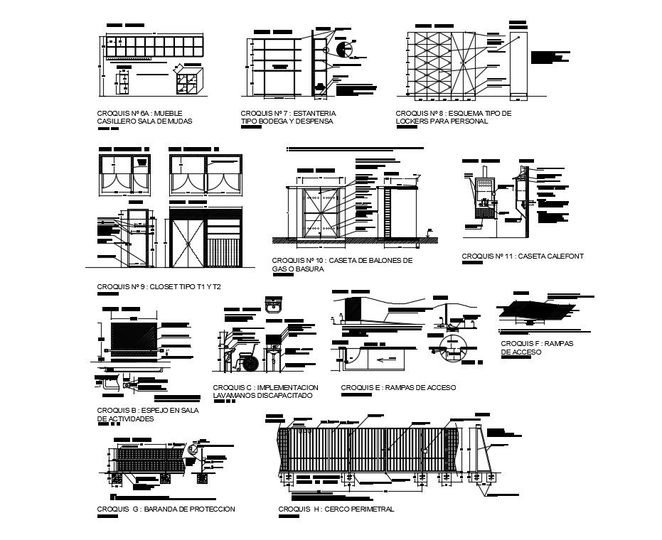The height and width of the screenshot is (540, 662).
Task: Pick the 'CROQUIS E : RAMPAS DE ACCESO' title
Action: pyautogui.click(x=398, y=387)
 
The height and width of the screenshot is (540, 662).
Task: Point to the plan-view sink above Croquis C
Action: pyautogui.click(x=273, y=306)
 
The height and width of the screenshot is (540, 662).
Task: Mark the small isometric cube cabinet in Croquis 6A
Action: pyautogui.click(x=190, y=82)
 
